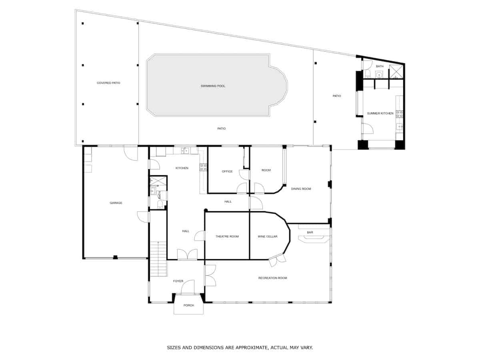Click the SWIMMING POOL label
(x=213, y=86)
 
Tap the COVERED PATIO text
(x=108, y=83)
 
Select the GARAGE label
(x=116, y=203)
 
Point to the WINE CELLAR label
(x=268, y=236)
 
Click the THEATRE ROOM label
(x=227, y=236)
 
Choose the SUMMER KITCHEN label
(x=380, y=113)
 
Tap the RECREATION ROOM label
(x=272, y=278)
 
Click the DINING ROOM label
(x=301, y=189)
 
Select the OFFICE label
(x=227, y=172)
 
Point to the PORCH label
(x=188, y=306)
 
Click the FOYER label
(x=178, y=281)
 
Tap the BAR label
(x=310, y=232)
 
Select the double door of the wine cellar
(x=278, y=260)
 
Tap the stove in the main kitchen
(x=203, y=168)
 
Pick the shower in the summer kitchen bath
(x=397, y=71)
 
